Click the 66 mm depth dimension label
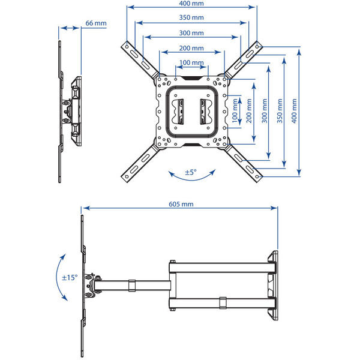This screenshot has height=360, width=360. click(96, 23)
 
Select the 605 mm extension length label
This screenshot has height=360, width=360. click(181, 204)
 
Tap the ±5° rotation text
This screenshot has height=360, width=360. click(191, 172)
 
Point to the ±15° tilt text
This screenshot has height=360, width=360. click(70, 278)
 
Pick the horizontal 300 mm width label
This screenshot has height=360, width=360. click(191, 32)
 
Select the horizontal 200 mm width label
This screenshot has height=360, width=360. click(191, 47)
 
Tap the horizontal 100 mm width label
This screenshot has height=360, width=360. click(191, 62)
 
